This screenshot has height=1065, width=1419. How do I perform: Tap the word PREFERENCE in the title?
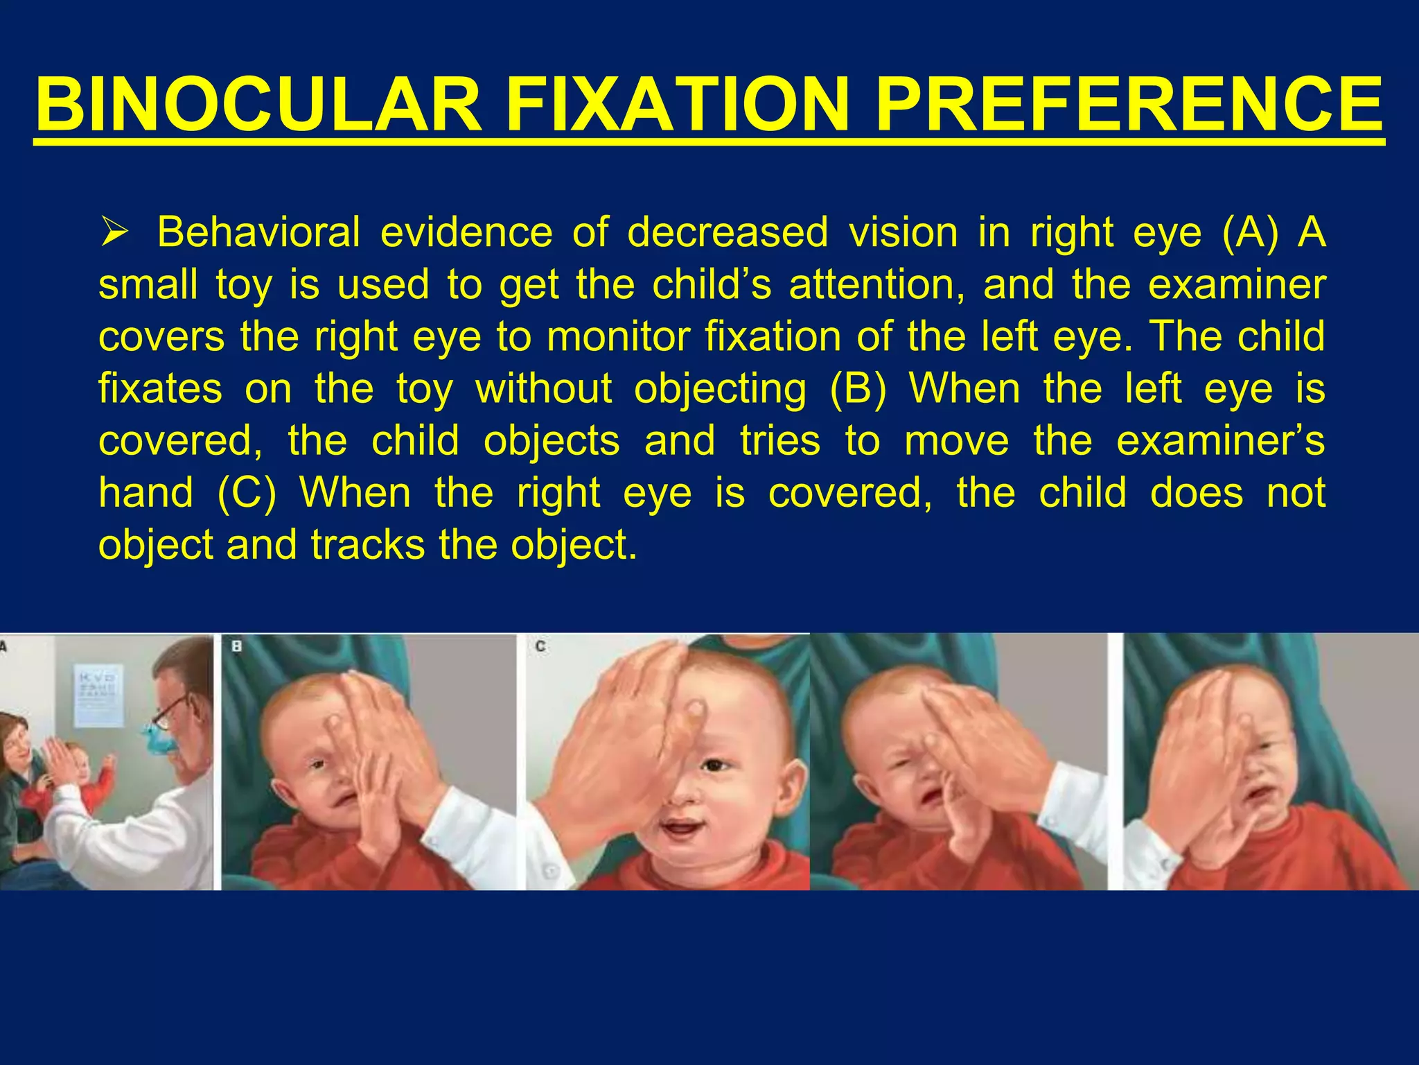pos(1129,105)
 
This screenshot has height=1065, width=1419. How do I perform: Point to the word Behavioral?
pos(258,232)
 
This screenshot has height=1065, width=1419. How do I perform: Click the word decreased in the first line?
pos(728,232)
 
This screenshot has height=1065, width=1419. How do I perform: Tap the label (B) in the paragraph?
pos(858,388)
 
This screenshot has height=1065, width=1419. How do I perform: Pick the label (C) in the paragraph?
pos(247,493)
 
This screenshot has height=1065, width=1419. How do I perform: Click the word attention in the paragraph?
pos(876,284)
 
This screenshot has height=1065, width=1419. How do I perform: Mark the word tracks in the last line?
pos(367,545)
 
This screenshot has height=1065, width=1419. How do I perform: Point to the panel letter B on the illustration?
pos(236,646)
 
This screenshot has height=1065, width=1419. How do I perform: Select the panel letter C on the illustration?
pos(540,646)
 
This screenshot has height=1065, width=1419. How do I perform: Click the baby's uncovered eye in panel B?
pos(316,765)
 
